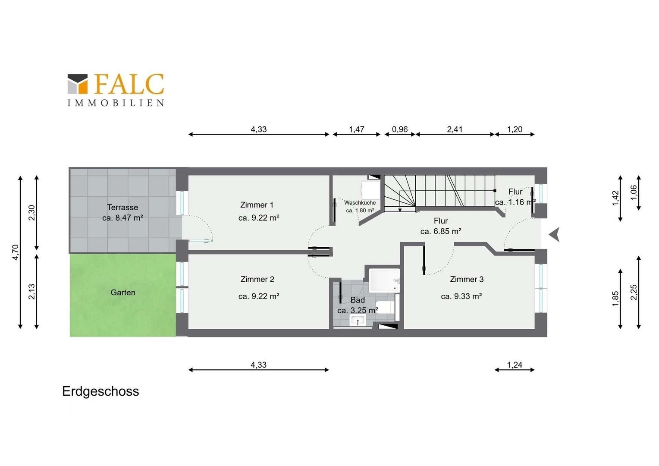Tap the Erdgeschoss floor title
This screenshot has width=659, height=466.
[100, 392]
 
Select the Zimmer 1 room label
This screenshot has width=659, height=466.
[257, 205]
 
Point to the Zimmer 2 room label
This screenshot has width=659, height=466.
[257, 279]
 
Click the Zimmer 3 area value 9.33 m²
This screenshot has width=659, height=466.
[461, 296]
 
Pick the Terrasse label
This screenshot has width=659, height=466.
[122, 207]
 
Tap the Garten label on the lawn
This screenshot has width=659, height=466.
[123, 292]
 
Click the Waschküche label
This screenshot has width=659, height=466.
[360, 202]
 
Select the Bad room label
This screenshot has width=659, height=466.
[358, 300]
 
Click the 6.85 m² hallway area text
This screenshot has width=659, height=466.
[441, 231]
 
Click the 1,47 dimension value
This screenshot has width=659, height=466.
[357, 129]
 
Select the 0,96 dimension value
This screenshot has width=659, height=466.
[400, 129]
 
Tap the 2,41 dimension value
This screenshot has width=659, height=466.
[455, 129]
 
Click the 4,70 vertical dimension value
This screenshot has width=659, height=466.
[15, 252]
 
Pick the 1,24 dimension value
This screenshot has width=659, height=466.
[515, 365]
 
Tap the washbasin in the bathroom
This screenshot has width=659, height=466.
[358, 320]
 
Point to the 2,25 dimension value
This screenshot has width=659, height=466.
[634, 292]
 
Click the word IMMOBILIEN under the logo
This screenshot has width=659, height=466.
[116, 103]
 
